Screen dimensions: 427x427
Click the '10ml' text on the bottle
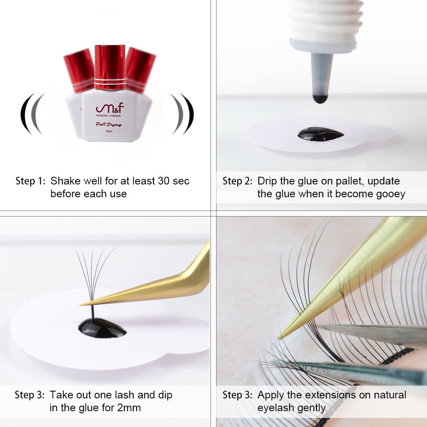click(109, 131)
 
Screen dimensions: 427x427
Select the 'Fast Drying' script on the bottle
click(108, 124)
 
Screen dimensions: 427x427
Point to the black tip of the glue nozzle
click(320, 99)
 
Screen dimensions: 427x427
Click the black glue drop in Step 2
click(321, 134)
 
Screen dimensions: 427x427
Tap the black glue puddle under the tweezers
click(102, 328)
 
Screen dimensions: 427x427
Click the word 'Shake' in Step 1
click(66, 181)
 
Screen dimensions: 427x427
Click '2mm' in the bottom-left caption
click(129, 408)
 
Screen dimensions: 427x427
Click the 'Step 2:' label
click(237, 181)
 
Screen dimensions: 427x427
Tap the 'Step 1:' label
click(30, 181)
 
